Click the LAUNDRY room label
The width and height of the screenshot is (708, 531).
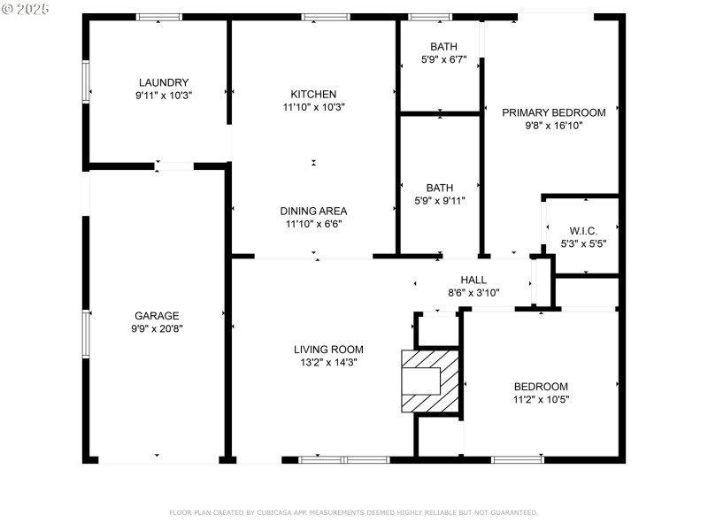163,82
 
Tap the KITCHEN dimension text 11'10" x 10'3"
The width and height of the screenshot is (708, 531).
313,107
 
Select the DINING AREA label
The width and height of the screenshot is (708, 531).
313,211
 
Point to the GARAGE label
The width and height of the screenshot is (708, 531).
157,315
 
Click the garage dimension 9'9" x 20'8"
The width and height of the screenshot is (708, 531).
157,328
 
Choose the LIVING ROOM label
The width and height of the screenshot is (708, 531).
328,349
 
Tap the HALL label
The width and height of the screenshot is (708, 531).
473,280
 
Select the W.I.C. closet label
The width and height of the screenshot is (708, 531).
583,230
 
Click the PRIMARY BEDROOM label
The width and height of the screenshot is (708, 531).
553,112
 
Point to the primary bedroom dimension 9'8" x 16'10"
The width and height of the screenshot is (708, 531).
553,126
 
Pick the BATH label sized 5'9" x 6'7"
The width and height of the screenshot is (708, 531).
440,47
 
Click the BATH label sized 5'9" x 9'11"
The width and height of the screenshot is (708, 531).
440,188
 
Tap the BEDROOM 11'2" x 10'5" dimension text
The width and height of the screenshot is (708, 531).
541,399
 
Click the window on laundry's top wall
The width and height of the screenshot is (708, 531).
159,17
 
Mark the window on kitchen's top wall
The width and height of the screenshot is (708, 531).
325,17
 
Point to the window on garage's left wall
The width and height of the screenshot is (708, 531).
86,334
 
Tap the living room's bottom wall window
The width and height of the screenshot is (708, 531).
343,459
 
